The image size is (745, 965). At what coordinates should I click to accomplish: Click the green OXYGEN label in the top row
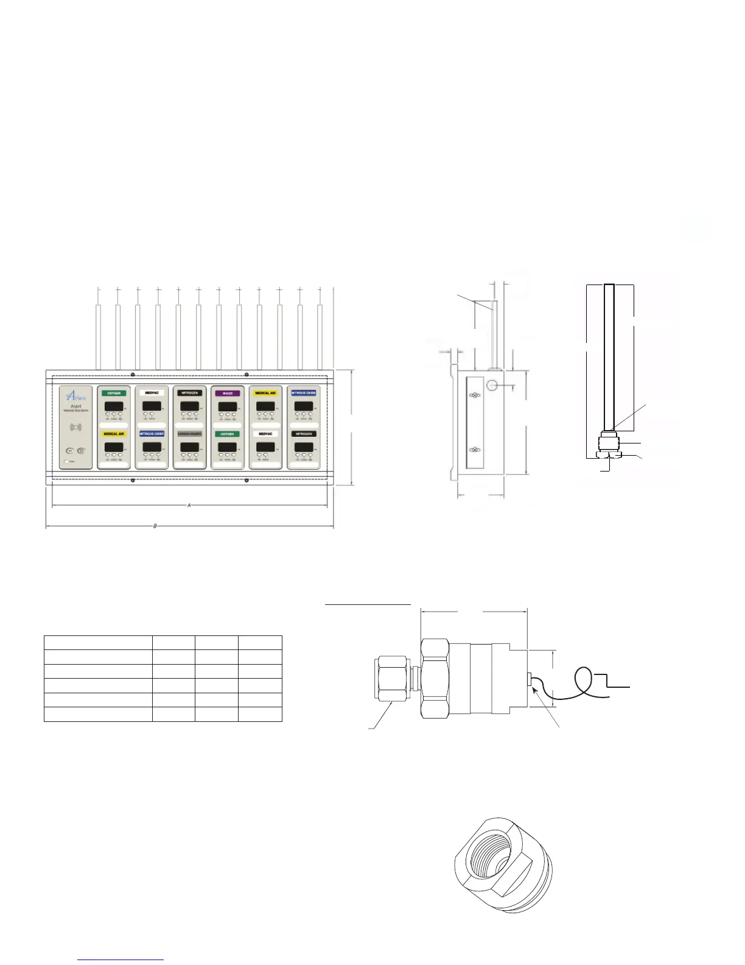[x=114, y=394]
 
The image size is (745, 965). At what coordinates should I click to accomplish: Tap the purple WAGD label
[x=227, y=394]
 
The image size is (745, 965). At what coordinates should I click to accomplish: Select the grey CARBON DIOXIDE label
[x=189, y=434]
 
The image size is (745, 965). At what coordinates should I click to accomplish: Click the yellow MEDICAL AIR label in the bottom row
[x=114, y=434]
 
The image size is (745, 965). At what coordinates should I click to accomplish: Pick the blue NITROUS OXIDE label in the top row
[x=303, y=394]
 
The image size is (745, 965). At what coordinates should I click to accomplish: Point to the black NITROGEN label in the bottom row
[x=303, y=434]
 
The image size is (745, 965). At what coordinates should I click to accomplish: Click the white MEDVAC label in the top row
[x=152, y=394]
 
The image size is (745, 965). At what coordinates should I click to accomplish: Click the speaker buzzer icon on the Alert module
[x=76, y=427]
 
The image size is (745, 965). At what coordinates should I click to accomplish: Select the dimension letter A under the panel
[x=189, y=506]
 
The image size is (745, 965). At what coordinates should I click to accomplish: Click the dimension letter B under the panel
[x=155, y=526]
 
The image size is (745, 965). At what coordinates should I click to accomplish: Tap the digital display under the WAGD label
[x=227, y=406]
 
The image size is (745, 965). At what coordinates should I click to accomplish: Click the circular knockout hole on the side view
[x=492, y=385]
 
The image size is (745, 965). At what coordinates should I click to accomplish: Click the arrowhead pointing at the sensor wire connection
[x=534, y=689]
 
